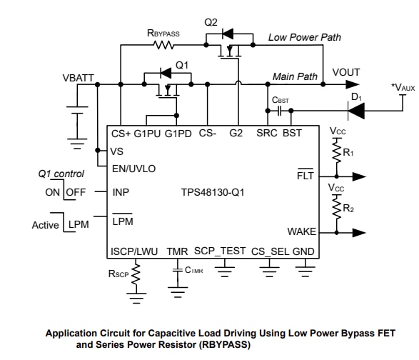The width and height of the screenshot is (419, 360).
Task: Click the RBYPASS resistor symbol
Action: [x=164, y=45]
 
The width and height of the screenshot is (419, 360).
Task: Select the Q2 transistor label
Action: [x=211, y=22]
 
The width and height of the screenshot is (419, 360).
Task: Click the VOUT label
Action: [x=346, y=72]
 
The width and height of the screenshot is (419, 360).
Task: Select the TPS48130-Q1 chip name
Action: [x=211, y=191]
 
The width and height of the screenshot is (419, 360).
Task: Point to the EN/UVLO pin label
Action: [x=134, y=169]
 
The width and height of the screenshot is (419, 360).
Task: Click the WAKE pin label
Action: [x=301, y=231]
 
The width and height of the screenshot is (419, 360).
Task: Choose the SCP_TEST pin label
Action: [x=220, y=251]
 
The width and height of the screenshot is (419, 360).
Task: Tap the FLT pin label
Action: [x=306, y=174]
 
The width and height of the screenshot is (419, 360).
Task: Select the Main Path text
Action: [x=296, y=76]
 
